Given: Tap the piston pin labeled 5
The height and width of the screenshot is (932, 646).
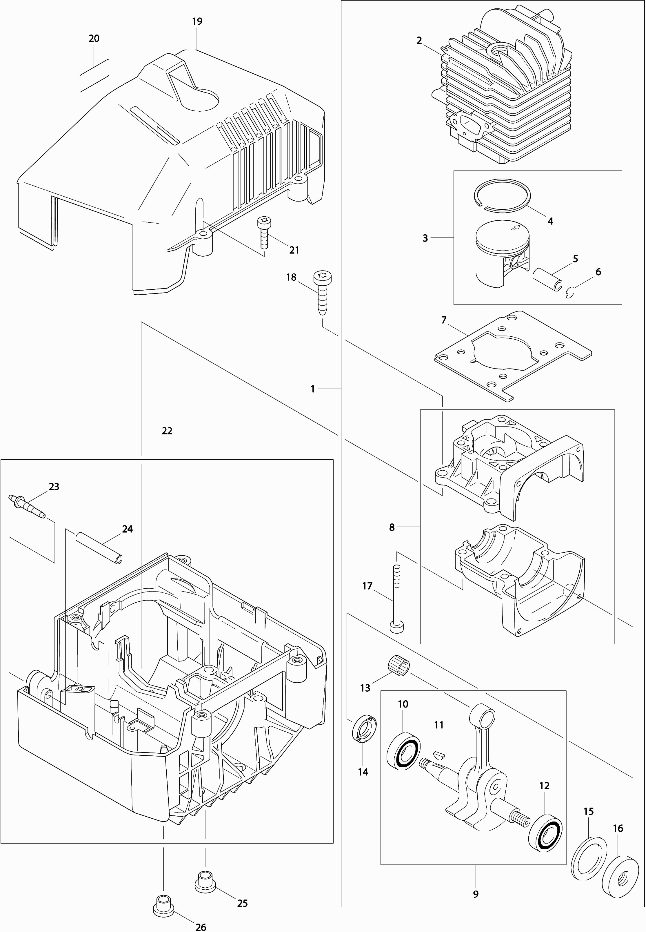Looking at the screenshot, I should pyautogui.click(x=546, y=279).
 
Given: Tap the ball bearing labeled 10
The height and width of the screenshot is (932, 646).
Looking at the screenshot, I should pyautogui.click(x=403, y=750).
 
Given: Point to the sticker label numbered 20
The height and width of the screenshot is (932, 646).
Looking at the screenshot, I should pyautogui.click(x=94, y=75).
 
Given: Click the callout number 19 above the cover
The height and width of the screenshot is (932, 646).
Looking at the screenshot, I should pyautogui.click(x=197, y=21).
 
